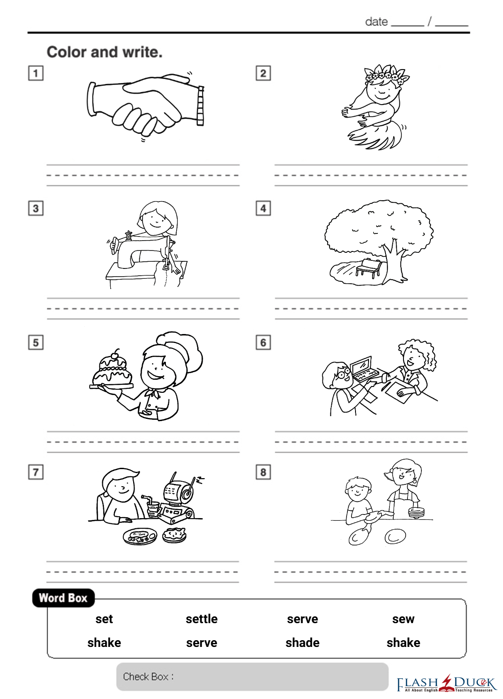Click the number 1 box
(x=36, y=73)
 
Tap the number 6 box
(x=263, y=343)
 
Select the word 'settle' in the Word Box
(x=202, y=619)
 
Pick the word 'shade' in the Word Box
(x=303, y=643)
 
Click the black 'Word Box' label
(x=63, y=598)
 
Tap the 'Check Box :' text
(x=148, y=677)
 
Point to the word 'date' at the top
(x=377, y=22)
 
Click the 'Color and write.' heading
(x=105, y=52)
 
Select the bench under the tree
(x=369, y=267)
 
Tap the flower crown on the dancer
(x=387, y=76)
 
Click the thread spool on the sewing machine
(x=128, y=235)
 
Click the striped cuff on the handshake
(x=201, y=106)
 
